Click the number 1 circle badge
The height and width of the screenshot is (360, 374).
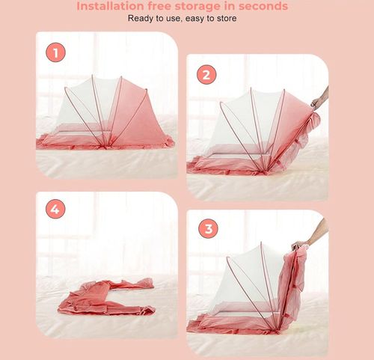[55, 52]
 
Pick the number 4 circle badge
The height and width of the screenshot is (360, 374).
[54, 210]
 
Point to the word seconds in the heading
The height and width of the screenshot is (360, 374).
[260, 6]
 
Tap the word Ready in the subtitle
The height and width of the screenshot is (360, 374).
[141, 18]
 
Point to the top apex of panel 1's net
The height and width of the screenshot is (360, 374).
[93, 76]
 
